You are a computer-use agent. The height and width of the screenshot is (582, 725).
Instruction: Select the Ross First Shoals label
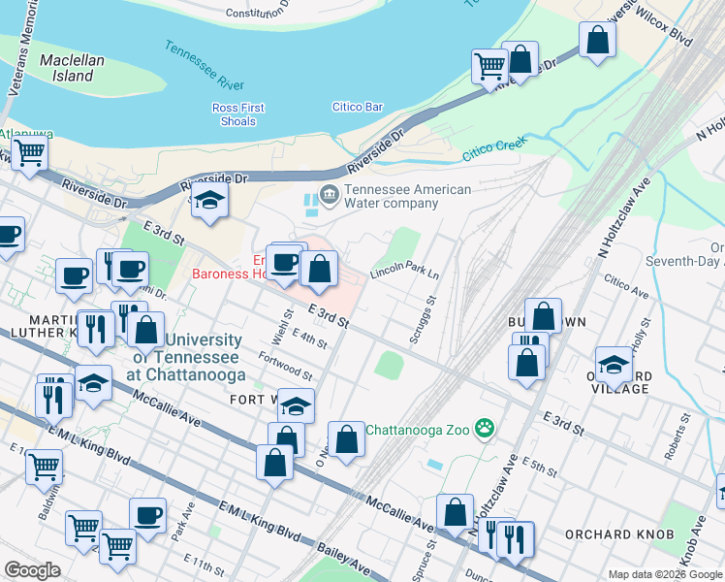coord(237,114)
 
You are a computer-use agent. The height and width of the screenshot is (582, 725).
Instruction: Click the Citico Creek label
coord(493,148)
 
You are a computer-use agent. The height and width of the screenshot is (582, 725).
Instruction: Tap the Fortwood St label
coord(286,367)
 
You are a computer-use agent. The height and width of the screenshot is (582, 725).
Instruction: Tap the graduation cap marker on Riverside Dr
coord(208,201)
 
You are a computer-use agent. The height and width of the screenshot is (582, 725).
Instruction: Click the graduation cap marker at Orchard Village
coord(613,364)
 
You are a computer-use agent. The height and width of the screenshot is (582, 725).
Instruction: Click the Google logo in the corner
coord(32,569)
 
